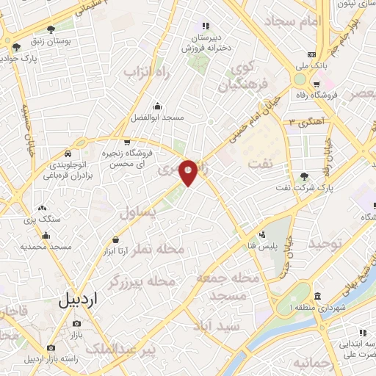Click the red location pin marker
click(x=188, y=172)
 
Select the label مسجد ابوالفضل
click(x=156, y=117)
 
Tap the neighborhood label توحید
click(x=325, y=242)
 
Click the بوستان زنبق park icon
click(x=50, y=30)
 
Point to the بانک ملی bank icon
click(x=312, y=54)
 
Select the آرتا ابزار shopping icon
click(x=115, y=239)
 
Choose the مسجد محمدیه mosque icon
click(x=46, y=236)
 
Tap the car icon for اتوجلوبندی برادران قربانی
click(x=67, y=155)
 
